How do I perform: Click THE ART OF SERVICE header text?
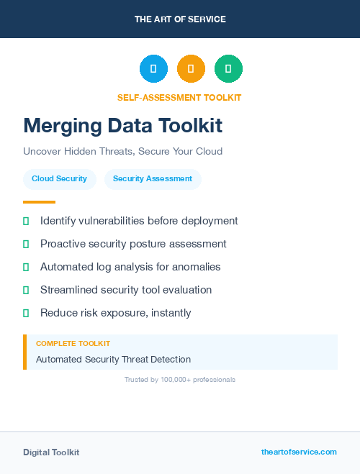180,19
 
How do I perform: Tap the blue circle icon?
153,68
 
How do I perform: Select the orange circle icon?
191,68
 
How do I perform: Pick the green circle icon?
228,68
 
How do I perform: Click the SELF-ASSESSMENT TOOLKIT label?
179,97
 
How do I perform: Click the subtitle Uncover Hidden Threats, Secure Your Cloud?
122,152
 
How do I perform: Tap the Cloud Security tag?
59,179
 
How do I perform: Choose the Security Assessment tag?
153,179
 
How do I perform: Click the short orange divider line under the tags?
39,202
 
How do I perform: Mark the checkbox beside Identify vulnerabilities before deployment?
26,221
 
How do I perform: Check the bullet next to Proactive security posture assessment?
26,244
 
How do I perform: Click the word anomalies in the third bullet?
195,267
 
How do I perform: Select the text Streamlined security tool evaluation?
126,290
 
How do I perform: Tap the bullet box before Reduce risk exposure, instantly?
26,313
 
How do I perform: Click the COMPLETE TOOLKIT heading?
73,344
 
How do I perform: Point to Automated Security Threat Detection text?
113,359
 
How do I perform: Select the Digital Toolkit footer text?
51,452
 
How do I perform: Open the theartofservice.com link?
299,452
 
